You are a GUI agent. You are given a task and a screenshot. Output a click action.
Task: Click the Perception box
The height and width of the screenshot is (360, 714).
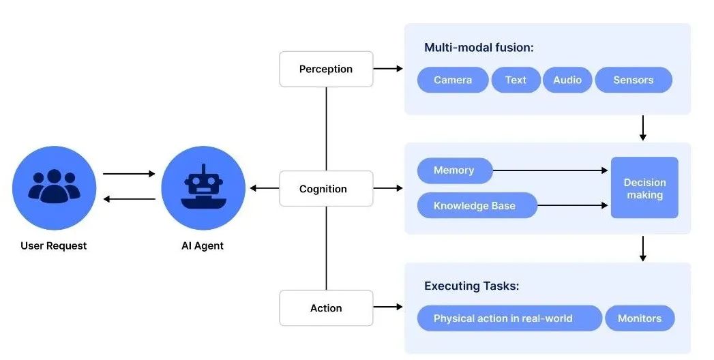[x=326, y=69]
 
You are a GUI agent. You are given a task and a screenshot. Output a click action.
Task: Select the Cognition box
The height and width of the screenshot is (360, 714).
[x=326, y=189]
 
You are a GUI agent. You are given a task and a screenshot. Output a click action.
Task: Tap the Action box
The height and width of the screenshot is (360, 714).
[x=326, y=308]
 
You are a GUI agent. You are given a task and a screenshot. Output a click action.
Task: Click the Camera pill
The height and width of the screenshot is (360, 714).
[x=453, y=80]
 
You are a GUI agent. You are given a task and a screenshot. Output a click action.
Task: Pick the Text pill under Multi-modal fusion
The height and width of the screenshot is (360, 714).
[x=516, y=80]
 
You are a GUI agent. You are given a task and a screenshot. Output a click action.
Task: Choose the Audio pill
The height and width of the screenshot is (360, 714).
[x=567, y=80]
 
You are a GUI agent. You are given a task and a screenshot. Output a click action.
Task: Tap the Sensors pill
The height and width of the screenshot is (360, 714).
[x=633, y=80]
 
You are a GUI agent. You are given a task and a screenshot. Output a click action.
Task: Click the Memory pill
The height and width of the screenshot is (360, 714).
[x=453, y=170]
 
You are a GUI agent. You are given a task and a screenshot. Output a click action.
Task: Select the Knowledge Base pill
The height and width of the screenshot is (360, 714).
[x=475, y=205]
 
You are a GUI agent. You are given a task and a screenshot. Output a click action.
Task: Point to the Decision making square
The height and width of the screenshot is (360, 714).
[x=644, y=187]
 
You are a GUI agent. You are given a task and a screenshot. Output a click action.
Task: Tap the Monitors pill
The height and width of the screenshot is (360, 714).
[x=640, y=318]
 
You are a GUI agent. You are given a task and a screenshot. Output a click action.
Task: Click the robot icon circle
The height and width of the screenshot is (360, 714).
[x=203, y=187]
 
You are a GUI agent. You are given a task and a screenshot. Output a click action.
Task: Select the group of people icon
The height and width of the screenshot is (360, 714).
[x=54, y=187]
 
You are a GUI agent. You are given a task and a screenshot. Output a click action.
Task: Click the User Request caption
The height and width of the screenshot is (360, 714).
[x=54, y=245]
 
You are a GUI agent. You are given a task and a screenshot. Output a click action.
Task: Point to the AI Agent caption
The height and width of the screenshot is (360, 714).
[x=203, y=245]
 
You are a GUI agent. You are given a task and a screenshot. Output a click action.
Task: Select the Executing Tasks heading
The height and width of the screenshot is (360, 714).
[x=471, y=286]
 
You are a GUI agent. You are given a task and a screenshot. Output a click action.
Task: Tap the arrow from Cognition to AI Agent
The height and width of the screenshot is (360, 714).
[x=263, y=188]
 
